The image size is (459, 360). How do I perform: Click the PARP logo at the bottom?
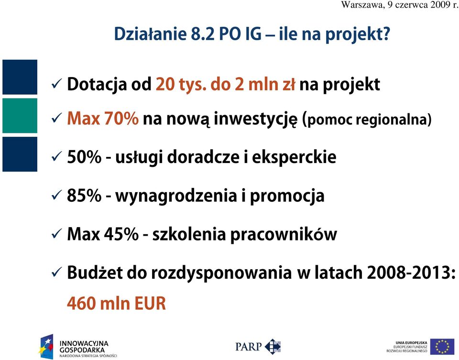pyautogui.click(x=258, y=347)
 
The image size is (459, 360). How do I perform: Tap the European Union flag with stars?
pyautogui.click(x=444, y=347)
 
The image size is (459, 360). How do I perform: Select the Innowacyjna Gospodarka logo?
pyautogui.click(x=78, y=347)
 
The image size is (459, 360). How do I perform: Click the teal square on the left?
pyautogui.click(x=20, y=116)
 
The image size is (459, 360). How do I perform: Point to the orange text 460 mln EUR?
pyautogui.click(x=117, y=303)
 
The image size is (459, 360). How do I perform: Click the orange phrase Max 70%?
pyautogui.click(x=103, y=119)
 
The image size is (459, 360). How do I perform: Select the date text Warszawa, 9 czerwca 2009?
pyautogui.click(x=396, y=5)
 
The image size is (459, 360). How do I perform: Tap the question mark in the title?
pyautogui.click(x=386, y=33)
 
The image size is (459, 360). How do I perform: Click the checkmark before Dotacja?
pyautogui.click(x=56, y=84)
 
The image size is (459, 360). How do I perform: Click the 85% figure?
pyautogui.click(x=84, y=196)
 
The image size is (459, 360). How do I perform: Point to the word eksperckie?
pyautogui.click(x=294, y=157)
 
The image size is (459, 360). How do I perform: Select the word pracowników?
pyautogui.click(x=284, y=235)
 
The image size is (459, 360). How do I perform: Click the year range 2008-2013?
pyautogui.click(x=407, y=273)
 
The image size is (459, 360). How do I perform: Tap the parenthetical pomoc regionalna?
pyautogui.click(x=367, y=120)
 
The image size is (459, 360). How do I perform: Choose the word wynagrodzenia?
pyautogui.click(x=176, y=196)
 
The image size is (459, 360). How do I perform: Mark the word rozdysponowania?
pyautogui.click(x=221, y=273)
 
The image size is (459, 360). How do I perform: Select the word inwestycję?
pyautogui.click(x=255, y=120)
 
